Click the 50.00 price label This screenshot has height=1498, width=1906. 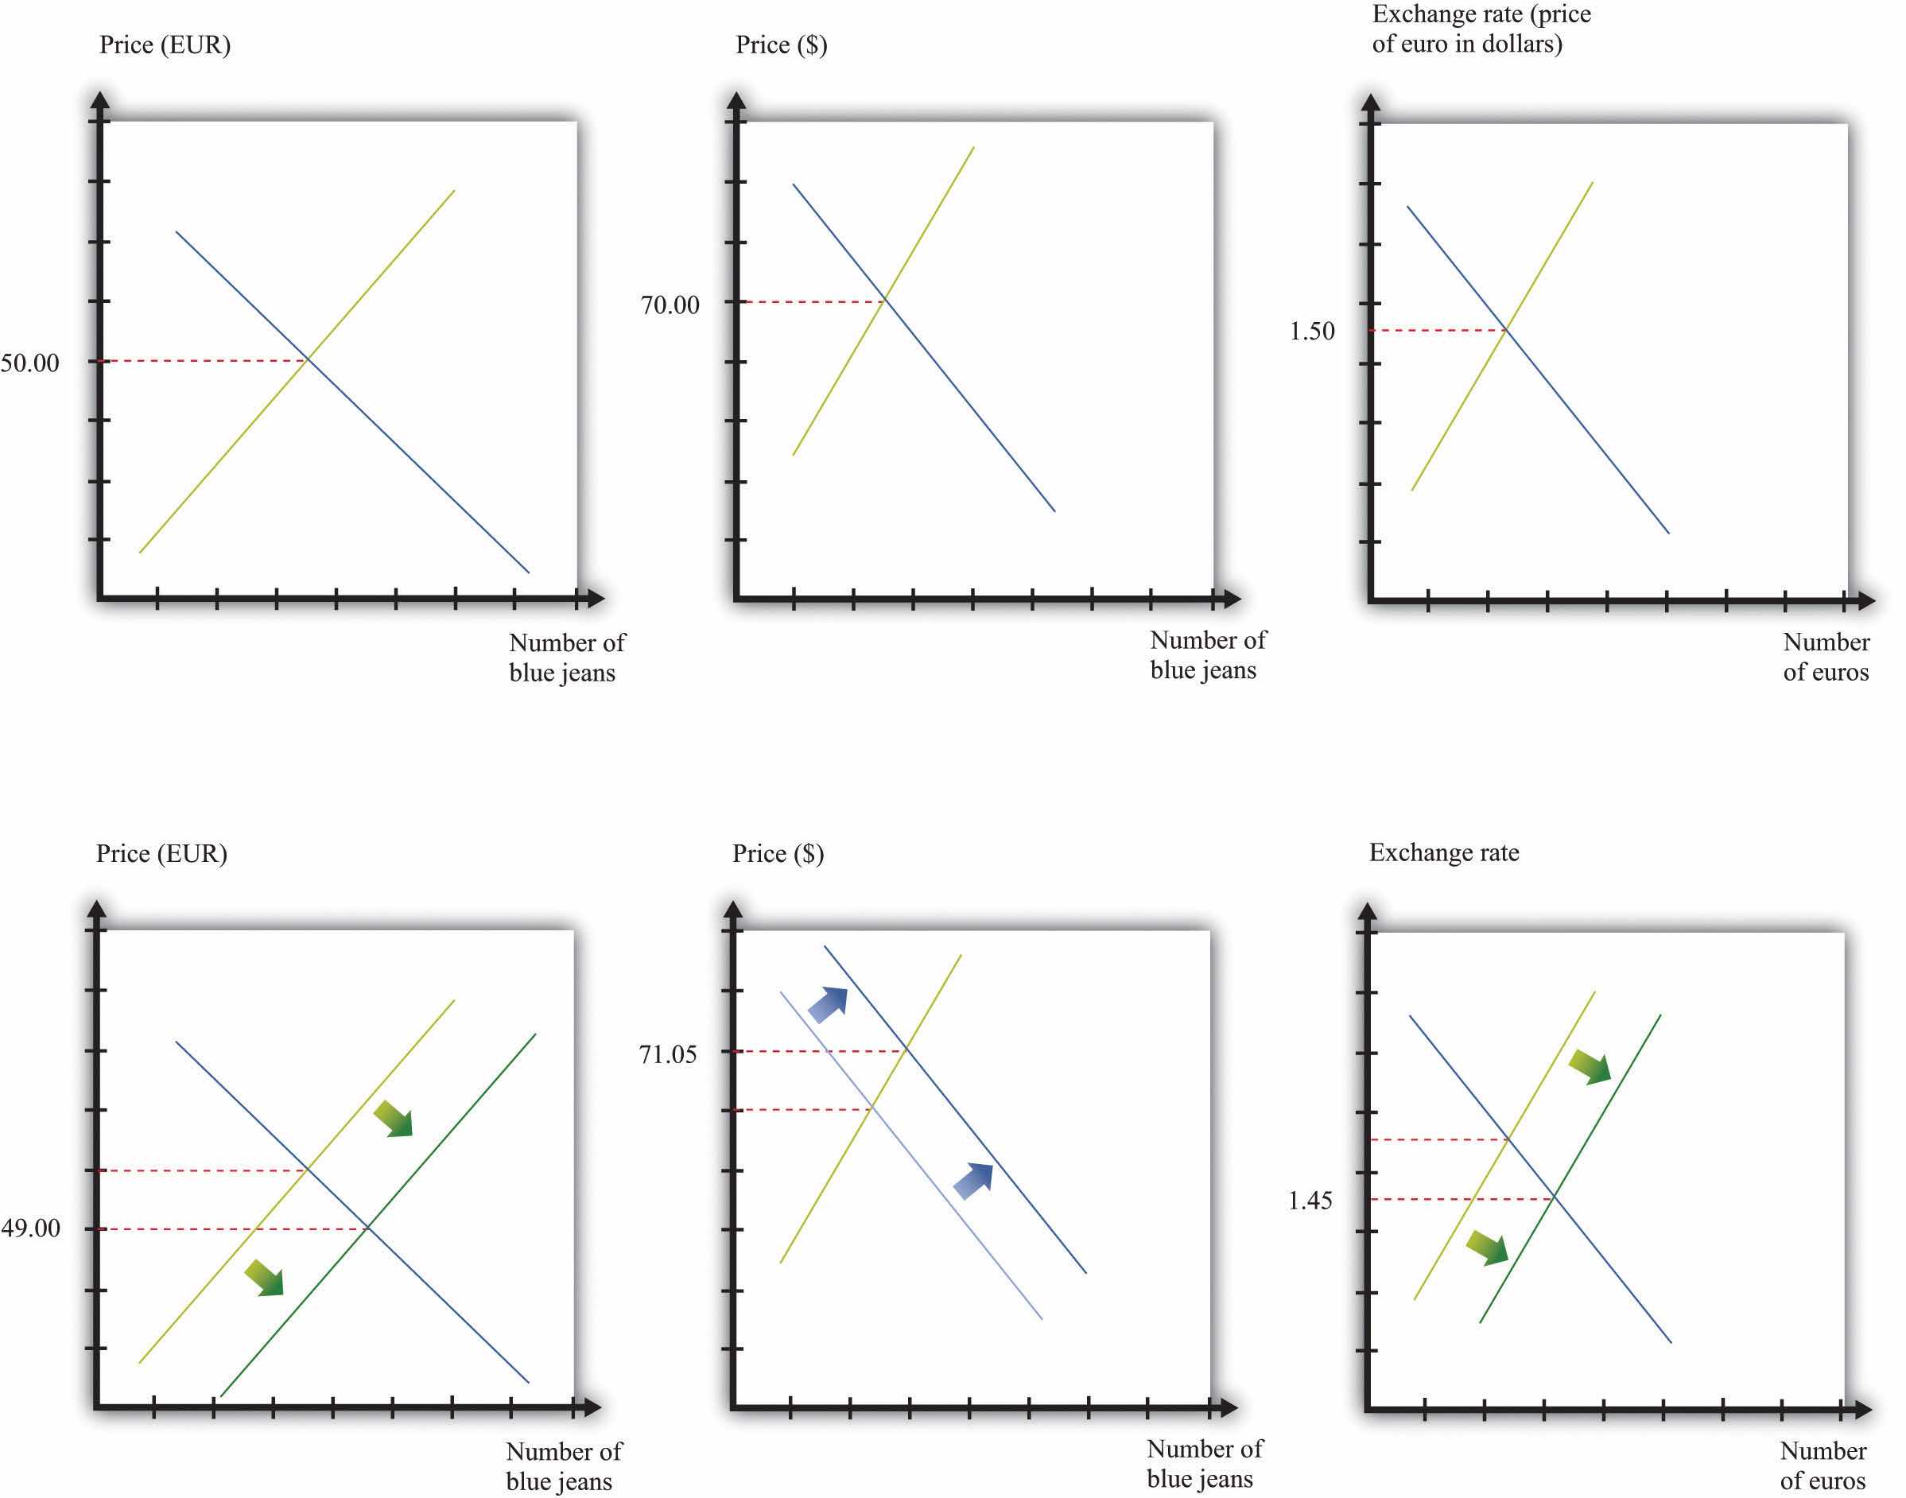coord(30,363)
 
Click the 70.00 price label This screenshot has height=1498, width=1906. coord(670,305)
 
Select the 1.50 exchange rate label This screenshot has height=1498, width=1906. coord(1311,332)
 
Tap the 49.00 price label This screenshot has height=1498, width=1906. coord(31,1228)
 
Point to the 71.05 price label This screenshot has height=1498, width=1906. coord(667,1054)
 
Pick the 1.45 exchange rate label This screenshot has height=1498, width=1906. coord(1310,1200)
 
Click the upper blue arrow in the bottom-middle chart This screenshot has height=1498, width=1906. coord(828,1003)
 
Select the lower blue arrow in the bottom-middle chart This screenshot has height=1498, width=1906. coord(973,1181)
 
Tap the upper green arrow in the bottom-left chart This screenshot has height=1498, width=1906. coord(394,1120)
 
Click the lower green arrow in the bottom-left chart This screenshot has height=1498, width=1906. coord(265,1278)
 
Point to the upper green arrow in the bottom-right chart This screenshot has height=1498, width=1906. coord(1590,1066)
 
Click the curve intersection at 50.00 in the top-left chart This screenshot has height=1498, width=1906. coord(307,359)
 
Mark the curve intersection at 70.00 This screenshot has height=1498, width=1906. coord(884,301)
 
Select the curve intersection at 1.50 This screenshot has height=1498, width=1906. coord(1506,330)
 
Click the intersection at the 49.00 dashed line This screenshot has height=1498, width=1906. coord(367,1228)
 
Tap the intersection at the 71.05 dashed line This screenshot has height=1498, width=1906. coord(905,1050)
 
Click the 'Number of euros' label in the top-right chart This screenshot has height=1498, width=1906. coord(1826,657)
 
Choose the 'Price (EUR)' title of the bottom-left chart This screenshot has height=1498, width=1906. coord(161,853)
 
